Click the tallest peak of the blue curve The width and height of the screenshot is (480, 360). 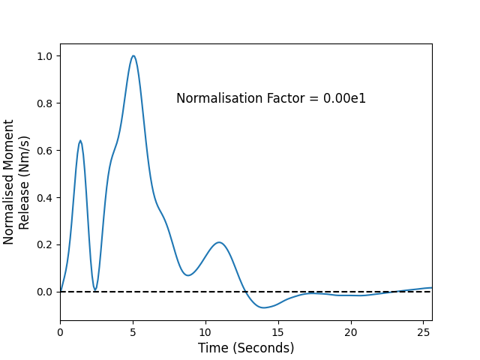point(133,55)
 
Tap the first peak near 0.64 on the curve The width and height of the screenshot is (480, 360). point(80,140)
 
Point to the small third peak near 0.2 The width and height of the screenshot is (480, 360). point(219,242)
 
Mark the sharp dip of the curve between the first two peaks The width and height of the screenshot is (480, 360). point(95,289)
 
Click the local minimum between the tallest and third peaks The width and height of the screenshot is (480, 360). point(188,275)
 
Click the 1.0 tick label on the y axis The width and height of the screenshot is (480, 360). point(44,56)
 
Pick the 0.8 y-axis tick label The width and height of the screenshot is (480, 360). point(44,103)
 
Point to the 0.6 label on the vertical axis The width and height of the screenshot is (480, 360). point(44,151)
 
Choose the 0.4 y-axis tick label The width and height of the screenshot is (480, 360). point(44,198)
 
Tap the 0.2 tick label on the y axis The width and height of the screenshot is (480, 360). point(44,245)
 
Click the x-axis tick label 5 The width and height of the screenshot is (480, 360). point(133,332)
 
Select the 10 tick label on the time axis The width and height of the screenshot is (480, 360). point(205,332)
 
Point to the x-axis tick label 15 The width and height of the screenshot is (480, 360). point(278,332)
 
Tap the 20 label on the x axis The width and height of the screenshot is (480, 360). point(351,332)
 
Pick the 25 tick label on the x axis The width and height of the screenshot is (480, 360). point(423,332)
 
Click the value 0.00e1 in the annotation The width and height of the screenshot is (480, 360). point(344,98)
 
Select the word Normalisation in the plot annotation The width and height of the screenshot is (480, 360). point(220,98)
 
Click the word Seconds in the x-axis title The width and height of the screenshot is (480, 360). point(263,348)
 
